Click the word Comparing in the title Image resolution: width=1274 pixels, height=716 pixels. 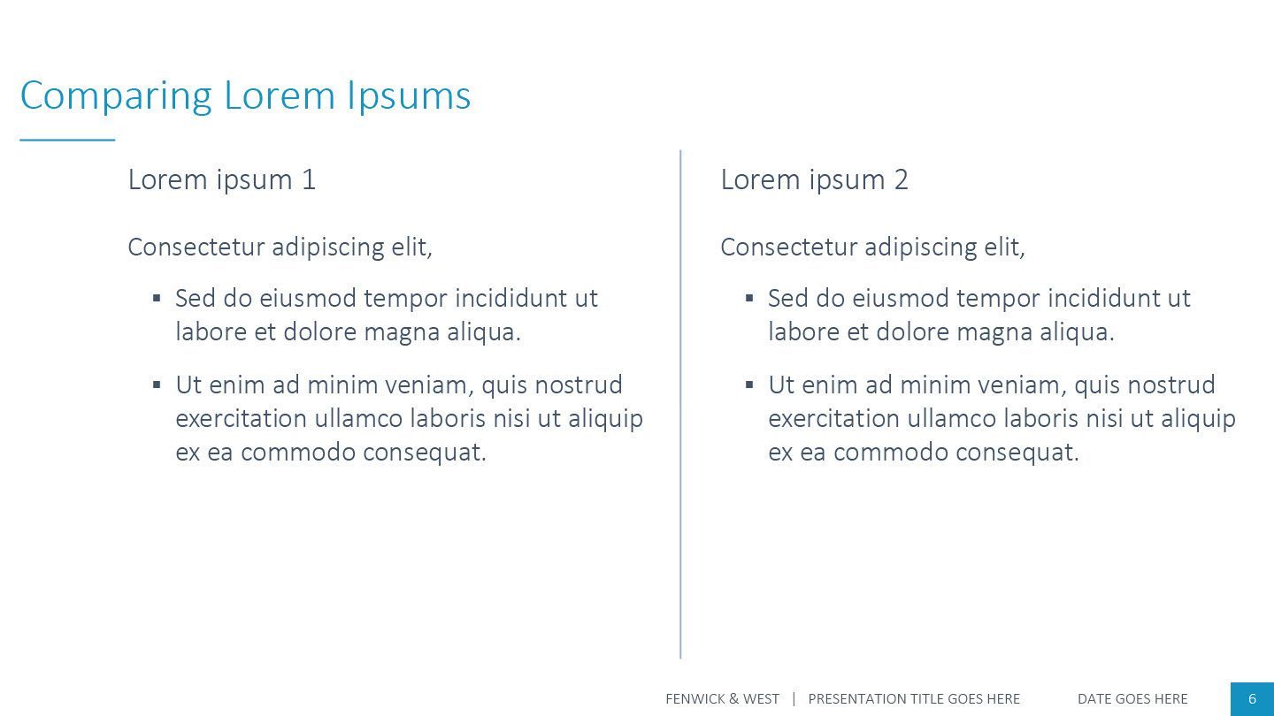tap(116, 96)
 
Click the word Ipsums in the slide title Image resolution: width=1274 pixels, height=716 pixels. tap(409, 96)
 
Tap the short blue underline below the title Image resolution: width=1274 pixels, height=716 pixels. tap(67, 140)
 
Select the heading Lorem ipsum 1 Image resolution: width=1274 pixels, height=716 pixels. tap(222, 180)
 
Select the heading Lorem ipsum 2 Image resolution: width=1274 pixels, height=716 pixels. tap(815, 180)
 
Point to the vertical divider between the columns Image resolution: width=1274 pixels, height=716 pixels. tap(680, 404)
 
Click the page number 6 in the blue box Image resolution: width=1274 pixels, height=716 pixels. tap(1253, 699)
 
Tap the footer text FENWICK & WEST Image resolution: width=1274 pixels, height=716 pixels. tap(722, 699)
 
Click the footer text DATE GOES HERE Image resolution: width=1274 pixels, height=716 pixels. tap(1132, 699)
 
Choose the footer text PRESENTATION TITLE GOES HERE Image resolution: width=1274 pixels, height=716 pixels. tap(914, 699)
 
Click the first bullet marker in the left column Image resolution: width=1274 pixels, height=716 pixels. tap(157, 298)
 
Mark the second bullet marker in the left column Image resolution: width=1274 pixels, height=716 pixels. tap(157, 385)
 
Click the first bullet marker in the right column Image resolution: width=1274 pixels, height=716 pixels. tap(749, 298)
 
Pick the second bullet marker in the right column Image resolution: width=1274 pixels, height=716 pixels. tap(749, 385)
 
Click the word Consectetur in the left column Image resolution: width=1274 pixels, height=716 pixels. tap(196, 248)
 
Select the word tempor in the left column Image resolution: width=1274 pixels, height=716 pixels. tap(405, 300)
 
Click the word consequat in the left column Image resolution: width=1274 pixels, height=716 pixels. tap(425, 453)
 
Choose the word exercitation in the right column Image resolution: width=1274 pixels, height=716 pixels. tap(833, 419)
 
